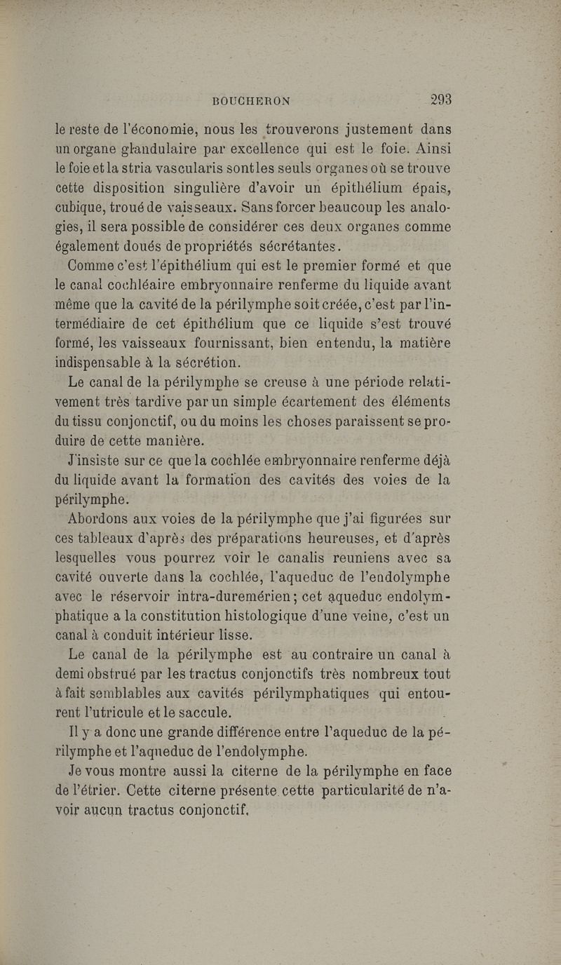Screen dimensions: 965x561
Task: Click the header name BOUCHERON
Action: pos(252,100)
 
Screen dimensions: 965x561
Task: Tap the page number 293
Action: pos(441,99)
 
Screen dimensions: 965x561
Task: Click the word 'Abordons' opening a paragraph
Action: pos(99,518)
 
